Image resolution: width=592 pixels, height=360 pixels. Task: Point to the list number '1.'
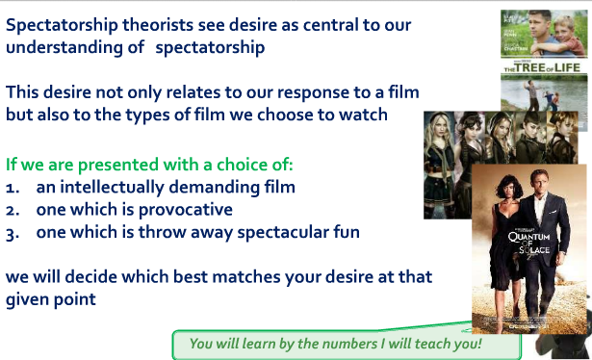13,186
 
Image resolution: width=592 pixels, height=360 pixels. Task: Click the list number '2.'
13,209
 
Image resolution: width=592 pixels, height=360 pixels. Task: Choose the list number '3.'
13,232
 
